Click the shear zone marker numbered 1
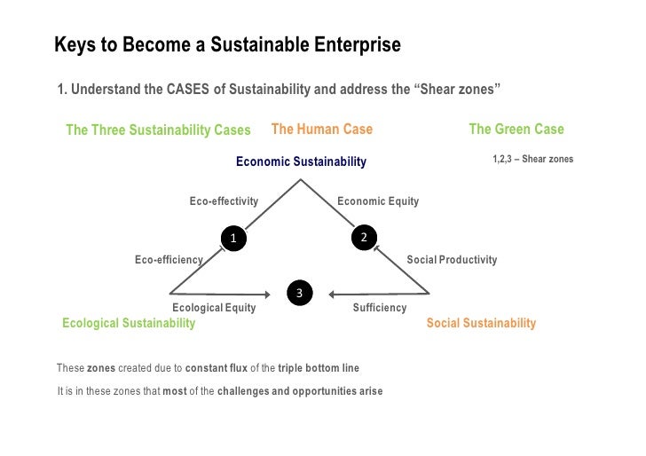click(x=233, y=238)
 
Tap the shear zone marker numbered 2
click(x=363, y=236)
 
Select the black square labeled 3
click(x=300, y=293)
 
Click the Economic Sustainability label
click(x=300, y=161)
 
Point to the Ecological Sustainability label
click(x=129, y=323)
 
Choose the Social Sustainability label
click(x=481, y=323)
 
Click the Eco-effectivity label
click(x=224, y=201)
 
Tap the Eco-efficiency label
click(x=169, y=260)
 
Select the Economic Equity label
click(x=378, y=201)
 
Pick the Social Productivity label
click(x=452, y=260)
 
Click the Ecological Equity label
click(x=214, y=308)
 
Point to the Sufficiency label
click(x=380, y=308)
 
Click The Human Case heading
click(x=321, y=130)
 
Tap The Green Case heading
click(x=516, y=130)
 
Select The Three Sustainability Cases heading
click(x=158, y=130)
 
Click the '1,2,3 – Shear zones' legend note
click(x=532, y=160)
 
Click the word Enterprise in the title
click(x=351, y=44)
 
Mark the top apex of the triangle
click(x=302, y=180)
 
